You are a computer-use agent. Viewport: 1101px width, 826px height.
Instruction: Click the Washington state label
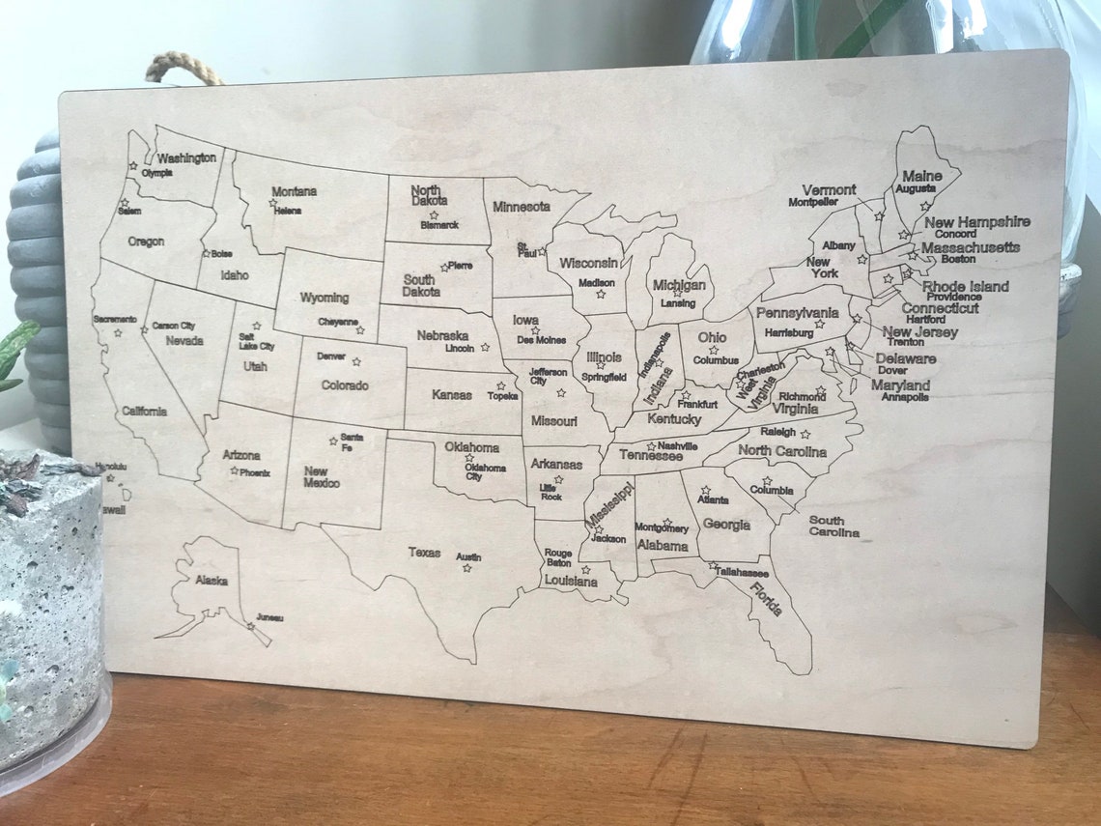click(x=186, y=157)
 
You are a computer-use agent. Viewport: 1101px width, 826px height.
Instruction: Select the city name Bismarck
click(x=439, y=225)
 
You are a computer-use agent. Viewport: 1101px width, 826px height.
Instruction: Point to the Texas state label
click(x=424, y=553)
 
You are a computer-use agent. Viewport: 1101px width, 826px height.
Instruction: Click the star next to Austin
click(x=466, y=568)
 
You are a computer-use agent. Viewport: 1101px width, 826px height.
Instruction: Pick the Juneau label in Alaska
click(x=269, y=617)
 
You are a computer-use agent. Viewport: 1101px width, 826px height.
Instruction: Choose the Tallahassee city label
click(x=748, y=572)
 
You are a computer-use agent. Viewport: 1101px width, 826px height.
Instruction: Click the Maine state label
click(x=921, y=176)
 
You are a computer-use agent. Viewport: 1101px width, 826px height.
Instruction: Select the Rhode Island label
click(x=965, y=286)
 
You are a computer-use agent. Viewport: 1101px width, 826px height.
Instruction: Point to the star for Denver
click(x=356, y=361)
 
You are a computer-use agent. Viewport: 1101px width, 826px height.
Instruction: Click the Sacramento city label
click(x=115, y=319)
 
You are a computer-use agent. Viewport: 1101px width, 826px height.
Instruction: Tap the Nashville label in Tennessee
click(x=677, y=445)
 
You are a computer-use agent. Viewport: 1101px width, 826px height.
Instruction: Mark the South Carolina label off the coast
click(x=833, y=527)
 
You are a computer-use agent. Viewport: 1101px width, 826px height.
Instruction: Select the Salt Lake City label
click(x=256, y=341)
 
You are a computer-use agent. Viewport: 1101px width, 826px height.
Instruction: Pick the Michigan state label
click(x=678, y=285)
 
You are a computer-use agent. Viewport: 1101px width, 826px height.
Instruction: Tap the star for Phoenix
click(x=234, y=470)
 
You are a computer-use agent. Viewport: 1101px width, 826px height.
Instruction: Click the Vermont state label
click(x=829, y=190)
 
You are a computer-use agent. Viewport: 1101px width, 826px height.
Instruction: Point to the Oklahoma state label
click(x=471, y=447)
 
